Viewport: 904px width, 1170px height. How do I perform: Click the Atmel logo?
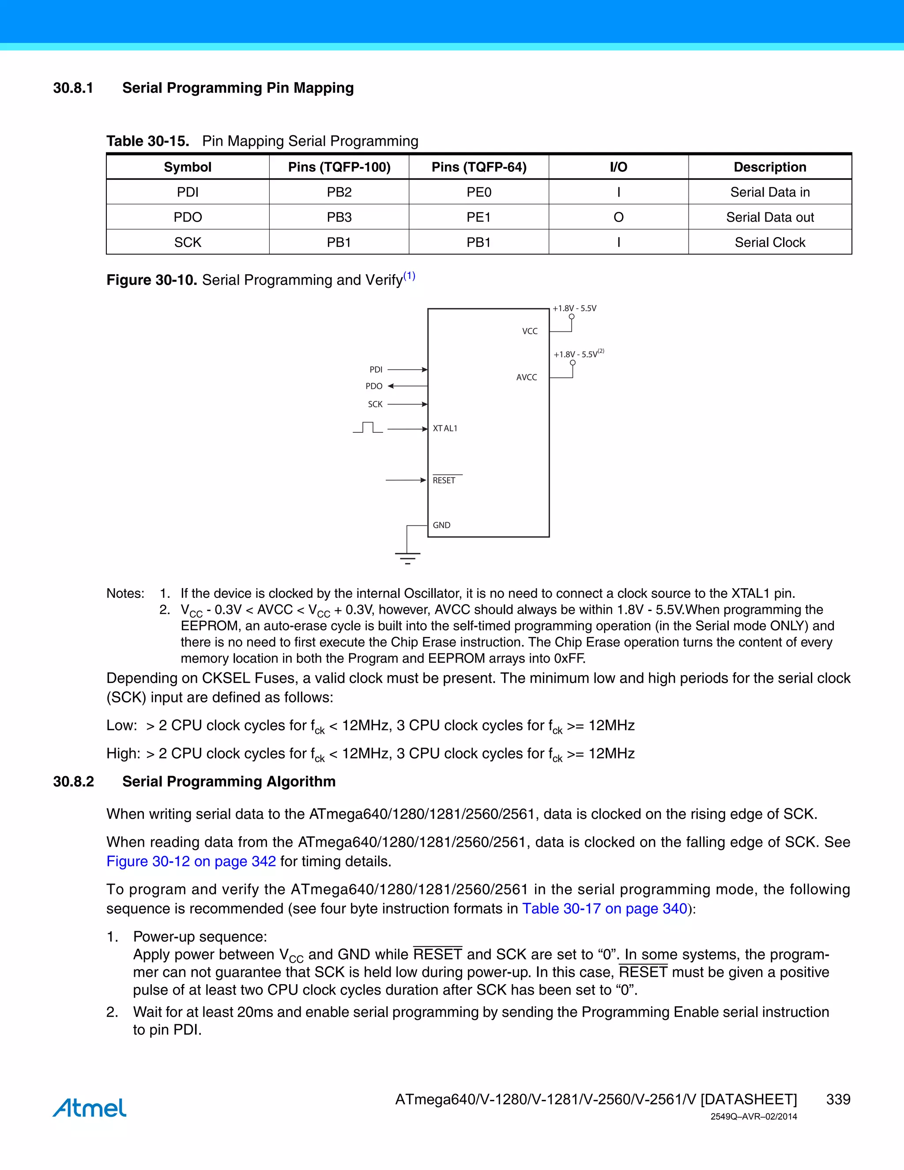tap(90, 1107)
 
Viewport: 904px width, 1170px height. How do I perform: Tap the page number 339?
tap(838, 1099)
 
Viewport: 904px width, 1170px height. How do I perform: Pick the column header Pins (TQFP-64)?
tap(479, 167)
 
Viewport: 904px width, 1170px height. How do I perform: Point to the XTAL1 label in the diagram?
tap(445, 429)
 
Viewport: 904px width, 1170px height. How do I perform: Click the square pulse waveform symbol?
tap(368, 427)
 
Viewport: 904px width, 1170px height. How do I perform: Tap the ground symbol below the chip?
tap(407, 557)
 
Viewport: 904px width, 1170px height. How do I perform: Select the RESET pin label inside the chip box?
tap(444, 480)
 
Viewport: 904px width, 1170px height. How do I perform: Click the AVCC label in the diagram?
tap(527, 377)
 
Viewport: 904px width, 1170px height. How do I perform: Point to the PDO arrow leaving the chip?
tap(407, 386)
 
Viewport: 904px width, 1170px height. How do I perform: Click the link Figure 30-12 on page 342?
tap(191, 861)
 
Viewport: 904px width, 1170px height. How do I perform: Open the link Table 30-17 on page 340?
tap(605, 909)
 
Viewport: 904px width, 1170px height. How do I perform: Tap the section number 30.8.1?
tap(73, 88)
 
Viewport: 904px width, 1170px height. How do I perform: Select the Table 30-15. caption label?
tap(148, 141)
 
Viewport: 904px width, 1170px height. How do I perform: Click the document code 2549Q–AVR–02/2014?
tap(753, 1117)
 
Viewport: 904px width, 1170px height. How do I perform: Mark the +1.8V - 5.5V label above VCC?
tap(574, 308)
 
